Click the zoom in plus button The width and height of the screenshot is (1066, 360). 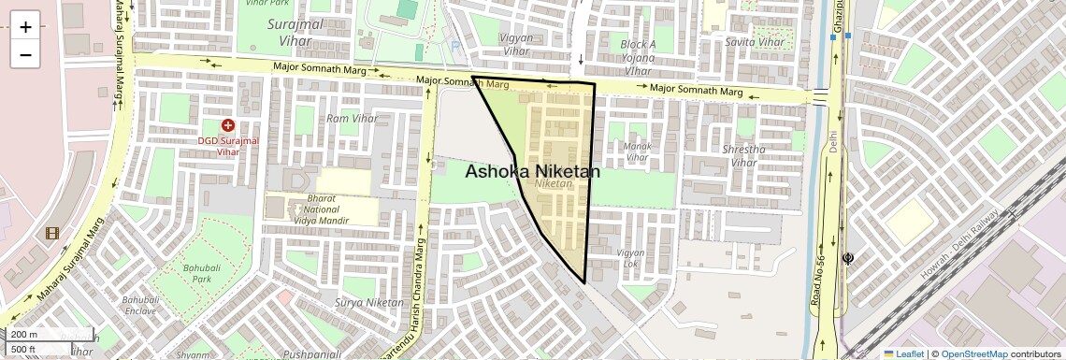(x=25, y=27)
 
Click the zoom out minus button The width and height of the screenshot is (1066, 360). (x=25, y=54)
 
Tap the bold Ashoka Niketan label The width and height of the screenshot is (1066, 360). (x=532, y=172)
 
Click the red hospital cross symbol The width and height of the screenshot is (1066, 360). (x=227, y=125)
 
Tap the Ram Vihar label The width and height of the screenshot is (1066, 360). (x=352, y=119)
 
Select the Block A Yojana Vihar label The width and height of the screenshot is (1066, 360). (x=639, y=57)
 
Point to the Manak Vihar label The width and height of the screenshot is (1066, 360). (x=637, y=152)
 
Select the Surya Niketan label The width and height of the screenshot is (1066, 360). (x=368, y=303)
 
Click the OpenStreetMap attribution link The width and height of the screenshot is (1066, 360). (x=973, y=354)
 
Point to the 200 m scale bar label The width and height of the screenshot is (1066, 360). (x=24, y=335)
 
